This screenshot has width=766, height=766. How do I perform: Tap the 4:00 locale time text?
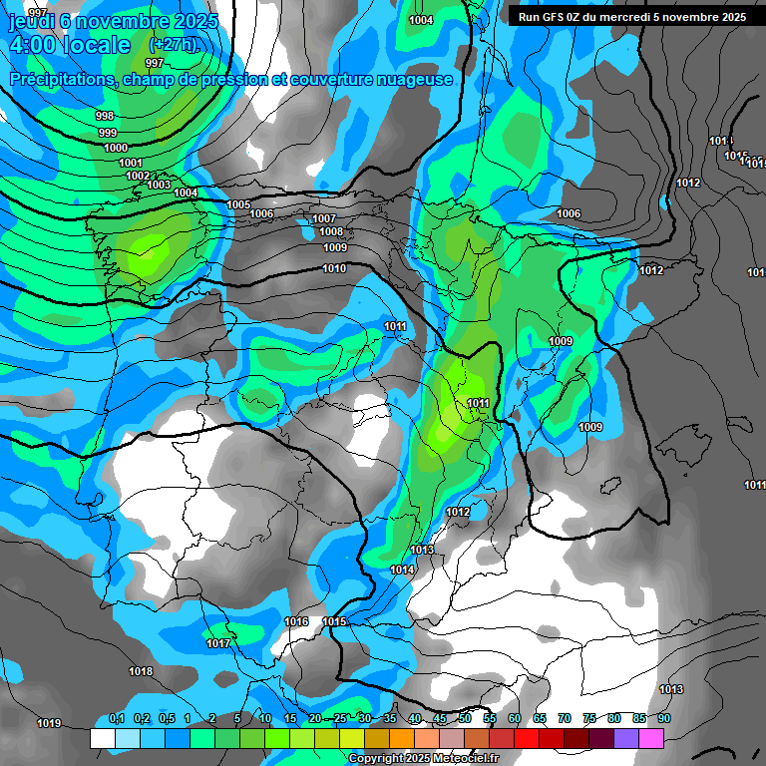click(69, 45)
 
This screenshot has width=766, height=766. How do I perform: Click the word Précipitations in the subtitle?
click(60, 79)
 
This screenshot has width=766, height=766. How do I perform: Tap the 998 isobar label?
click(105, 117)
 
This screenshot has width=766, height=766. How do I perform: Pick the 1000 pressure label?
click(116, 148)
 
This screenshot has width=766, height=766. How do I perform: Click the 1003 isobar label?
click(159, 185)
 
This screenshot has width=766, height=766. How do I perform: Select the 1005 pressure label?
click(238, 204)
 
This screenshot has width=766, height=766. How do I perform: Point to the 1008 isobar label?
click(331, 232)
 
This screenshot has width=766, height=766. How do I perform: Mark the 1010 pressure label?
click(334, 268)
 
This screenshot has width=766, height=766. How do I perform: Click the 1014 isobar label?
click(402, 570)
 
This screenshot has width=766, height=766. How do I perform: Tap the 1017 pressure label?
click(218, 643)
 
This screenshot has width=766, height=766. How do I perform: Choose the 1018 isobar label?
click(141, 671)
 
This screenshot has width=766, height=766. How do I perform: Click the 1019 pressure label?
click(48, 723)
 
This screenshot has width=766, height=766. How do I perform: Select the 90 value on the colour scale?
click(663, 718)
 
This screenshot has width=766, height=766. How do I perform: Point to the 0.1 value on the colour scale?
click(116, 718)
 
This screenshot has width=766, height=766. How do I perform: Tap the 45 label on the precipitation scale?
click(440, 718)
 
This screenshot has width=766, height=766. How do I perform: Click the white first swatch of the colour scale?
click(102, 738)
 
